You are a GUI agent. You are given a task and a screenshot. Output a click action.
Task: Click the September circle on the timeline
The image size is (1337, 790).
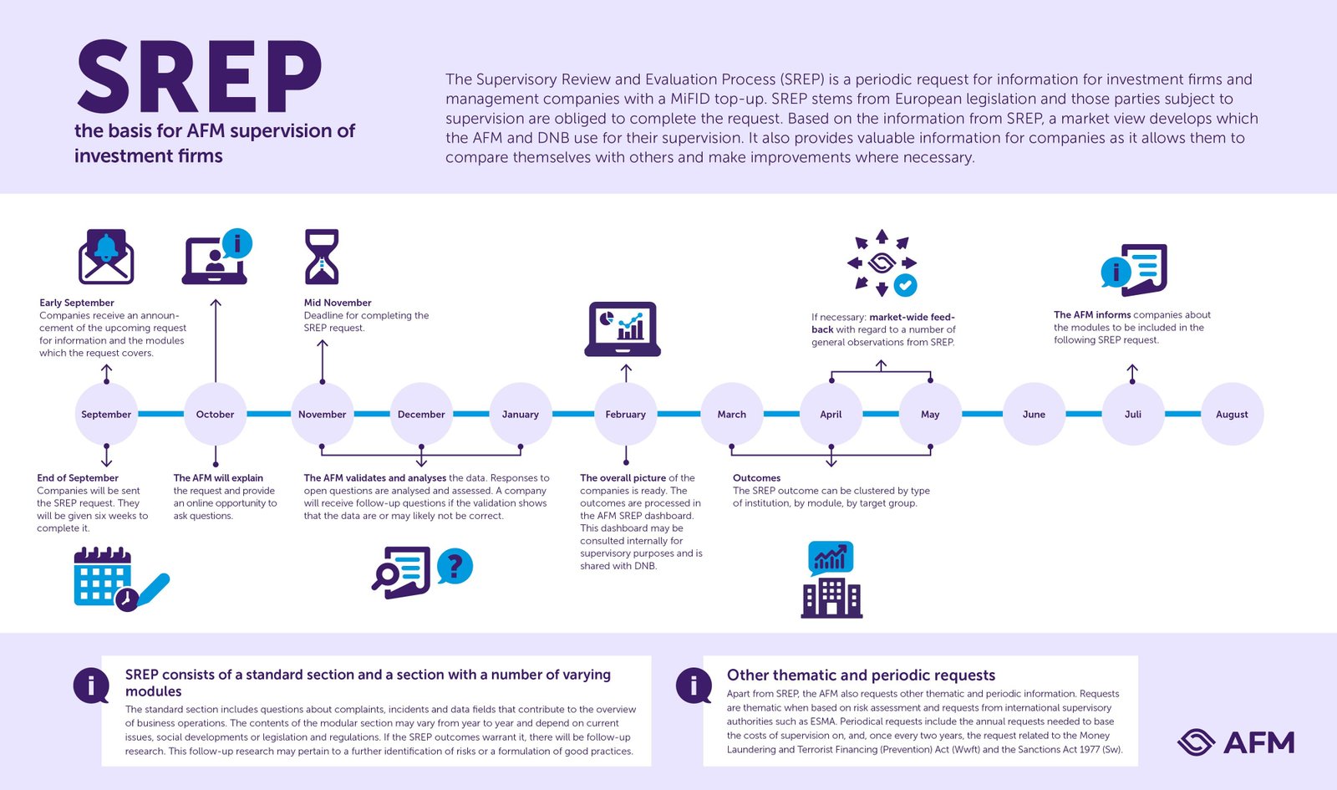click(106, 414)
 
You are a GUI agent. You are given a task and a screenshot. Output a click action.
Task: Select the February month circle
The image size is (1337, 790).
click(626, 414)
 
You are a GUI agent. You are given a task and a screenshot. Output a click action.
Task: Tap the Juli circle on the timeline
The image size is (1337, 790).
click(1133, 414)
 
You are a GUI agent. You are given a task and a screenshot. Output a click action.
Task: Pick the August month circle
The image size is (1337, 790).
click(1232, 414)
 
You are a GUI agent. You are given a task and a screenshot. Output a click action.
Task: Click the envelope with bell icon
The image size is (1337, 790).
click(106, 257)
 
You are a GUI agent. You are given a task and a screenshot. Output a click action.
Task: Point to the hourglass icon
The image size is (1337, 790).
click(322, 257)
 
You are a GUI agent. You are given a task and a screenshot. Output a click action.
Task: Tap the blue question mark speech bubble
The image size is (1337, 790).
click(455, 566)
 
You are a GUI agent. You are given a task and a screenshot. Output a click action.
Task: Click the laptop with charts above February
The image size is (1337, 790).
click(623, 329)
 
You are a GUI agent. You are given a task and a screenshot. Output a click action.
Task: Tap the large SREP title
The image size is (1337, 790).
click(199, 76)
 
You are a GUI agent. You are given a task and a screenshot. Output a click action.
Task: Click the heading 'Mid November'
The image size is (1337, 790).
click(338, 303)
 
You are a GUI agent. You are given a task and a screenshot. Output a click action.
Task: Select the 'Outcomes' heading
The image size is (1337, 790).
click(756, 477)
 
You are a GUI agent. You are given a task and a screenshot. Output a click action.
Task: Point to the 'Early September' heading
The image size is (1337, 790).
click(76, 303)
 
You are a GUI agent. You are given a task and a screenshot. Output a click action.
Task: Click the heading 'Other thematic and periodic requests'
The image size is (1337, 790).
click(861, 675)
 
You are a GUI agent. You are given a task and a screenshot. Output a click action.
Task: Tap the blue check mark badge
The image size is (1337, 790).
click(905, 285)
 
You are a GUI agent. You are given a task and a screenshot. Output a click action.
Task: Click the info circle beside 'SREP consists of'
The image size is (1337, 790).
click(91, 686)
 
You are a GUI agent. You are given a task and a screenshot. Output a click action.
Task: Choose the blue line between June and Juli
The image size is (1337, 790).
click(1083, 414)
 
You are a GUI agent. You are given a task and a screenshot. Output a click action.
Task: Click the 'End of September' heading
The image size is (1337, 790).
click(78, 477)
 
